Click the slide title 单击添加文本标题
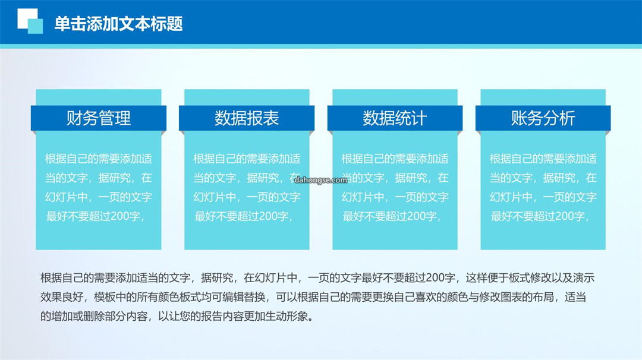[118, 24]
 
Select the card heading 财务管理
[99, 118]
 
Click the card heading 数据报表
[247, 118]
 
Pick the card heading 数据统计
[395, 118]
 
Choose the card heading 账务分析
[543, 118]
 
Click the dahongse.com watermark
[320, 179]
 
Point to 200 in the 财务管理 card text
[120, 216]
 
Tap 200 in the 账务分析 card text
[565, 216]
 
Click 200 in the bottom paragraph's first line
[435, 278]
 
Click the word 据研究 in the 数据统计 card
[411, 178]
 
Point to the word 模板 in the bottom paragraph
[105, 297]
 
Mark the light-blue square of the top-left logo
[35, 26]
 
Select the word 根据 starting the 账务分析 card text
[501, 159]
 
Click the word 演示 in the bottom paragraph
[584, 278]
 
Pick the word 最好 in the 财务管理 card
[56, 216]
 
